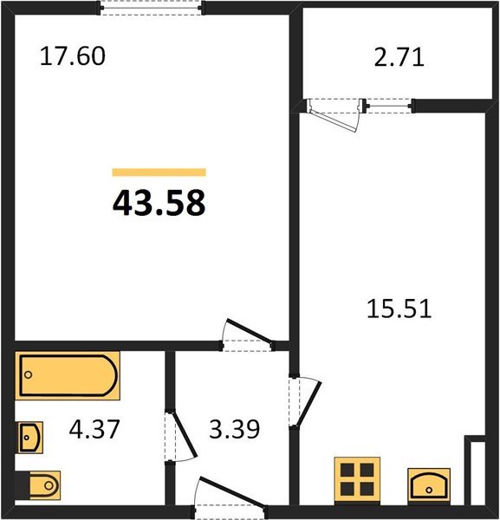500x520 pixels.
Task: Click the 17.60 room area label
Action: pos(73,56)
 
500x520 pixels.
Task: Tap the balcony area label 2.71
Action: pos(399,57)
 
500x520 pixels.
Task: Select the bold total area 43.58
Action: pos(159,203)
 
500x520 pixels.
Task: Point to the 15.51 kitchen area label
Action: pos(399,309)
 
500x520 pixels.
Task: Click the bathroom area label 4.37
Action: pos(94,429)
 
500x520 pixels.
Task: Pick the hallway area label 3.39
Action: pos(235,429)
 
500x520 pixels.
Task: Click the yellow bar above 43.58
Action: pos(159,172)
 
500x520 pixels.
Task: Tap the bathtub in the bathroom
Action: pos(68,375)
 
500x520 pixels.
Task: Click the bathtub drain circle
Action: pos(29,374)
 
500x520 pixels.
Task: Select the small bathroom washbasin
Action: pos(29,438)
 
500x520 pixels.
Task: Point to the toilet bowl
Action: pos(45,485)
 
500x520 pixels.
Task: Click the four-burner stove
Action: pos(357,481)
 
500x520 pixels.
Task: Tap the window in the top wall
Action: pos(151,8)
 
